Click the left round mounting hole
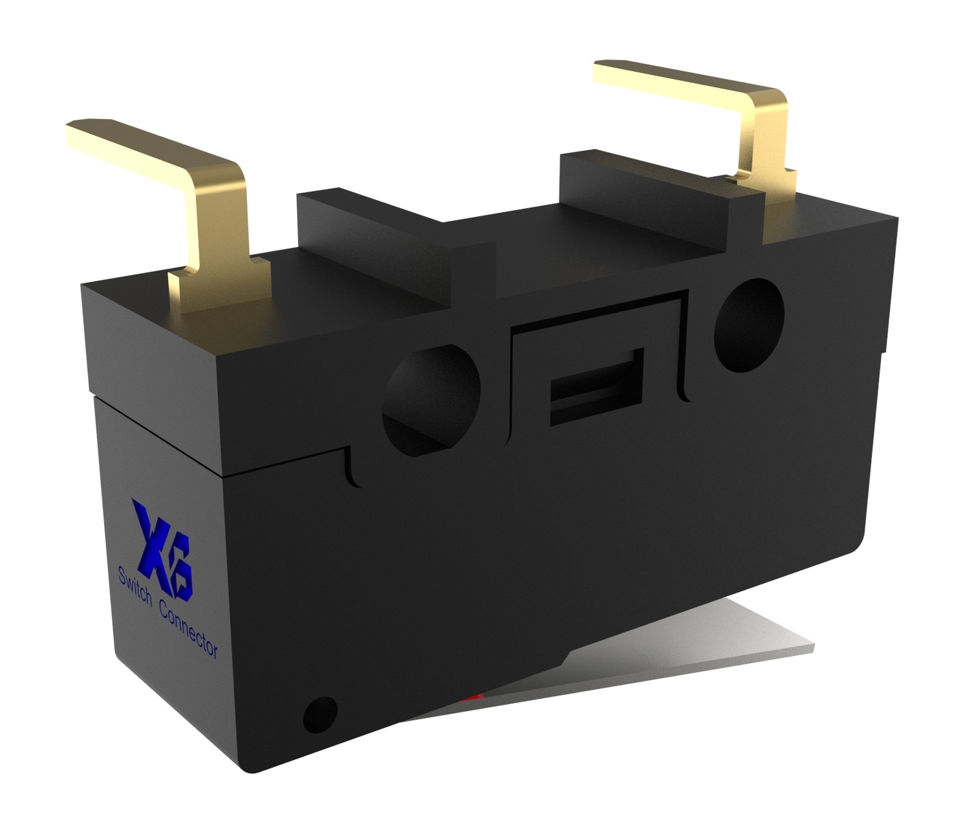click(431, 400)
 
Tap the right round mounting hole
click(749, 325)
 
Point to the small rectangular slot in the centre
click(596, 387)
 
